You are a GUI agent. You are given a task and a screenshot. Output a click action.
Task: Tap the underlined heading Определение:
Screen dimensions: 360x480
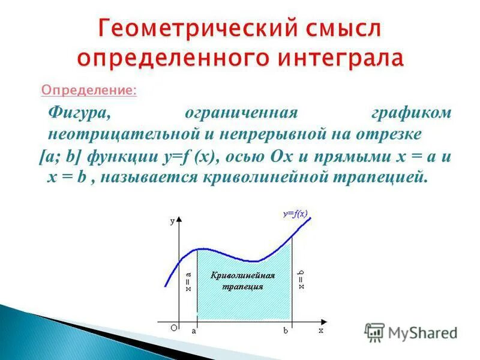pyautogui.click(x=88, y=91)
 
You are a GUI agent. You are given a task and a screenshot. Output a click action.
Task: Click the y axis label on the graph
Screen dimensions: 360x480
pyautogui.click(x=173, y=221)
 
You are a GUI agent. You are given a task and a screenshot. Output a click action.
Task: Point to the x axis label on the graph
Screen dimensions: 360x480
pyautogui.click(x=321, y=330)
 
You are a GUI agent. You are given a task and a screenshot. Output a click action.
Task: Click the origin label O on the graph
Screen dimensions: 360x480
pyautogui.click(x=173, y=328)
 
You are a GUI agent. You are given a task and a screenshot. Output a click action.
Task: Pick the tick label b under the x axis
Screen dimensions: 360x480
pyautogui.click(x=286, y=330)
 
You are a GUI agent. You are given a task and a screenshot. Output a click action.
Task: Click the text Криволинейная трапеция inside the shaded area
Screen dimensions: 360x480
pyautogui.click(x=243, y=281)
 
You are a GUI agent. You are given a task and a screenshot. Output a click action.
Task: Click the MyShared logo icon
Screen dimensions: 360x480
pyautogui.click(x=374, y=332)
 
